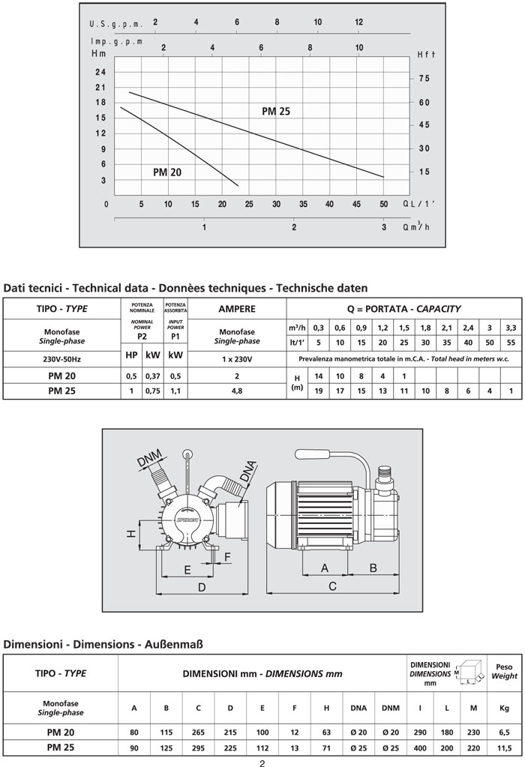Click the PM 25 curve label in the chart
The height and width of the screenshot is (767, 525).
coord(275,112)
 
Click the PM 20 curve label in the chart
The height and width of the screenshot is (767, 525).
coord(167,172)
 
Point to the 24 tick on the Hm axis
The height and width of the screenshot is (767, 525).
coord(100,72)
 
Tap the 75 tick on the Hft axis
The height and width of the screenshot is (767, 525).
coord(424,79)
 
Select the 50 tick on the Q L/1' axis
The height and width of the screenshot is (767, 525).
coord(383,204)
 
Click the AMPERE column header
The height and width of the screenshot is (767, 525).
coord(237,309)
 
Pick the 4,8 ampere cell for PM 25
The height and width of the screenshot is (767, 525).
coord(237,391)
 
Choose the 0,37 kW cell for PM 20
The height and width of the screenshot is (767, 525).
coord(152,376)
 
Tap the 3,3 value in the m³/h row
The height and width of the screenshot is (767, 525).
coord(511,327)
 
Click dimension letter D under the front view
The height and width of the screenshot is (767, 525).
coord(201,588)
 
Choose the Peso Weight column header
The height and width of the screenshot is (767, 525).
coord(504,671)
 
